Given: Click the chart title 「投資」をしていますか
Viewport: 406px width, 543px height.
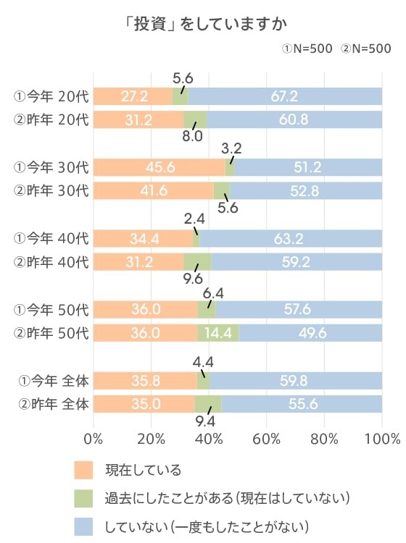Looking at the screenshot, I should [x=202, y=24].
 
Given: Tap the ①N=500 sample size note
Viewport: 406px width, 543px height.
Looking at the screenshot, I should [x=307, y=49].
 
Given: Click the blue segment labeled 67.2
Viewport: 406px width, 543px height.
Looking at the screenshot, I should [x=285, y=96].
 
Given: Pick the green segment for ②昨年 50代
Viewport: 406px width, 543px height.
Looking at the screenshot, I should [x=218, y=332].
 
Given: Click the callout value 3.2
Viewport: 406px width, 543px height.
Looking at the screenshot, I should [x=233, y=148].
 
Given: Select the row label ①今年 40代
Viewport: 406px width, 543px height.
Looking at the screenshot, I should [x=51, y=238].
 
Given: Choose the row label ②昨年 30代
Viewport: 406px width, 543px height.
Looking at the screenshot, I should [x=51, y=191].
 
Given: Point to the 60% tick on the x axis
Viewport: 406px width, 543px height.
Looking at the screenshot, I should [x=267, y=438].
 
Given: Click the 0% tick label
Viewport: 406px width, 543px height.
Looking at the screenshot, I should [x=94, y=438].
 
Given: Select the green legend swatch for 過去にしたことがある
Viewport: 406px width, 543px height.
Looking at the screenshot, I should [x=84, y=498].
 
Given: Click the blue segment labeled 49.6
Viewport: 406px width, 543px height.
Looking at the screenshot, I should [x=310, y=332].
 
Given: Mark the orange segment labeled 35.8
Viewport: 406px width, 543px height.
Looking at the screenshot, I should [x=144, y=380].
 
